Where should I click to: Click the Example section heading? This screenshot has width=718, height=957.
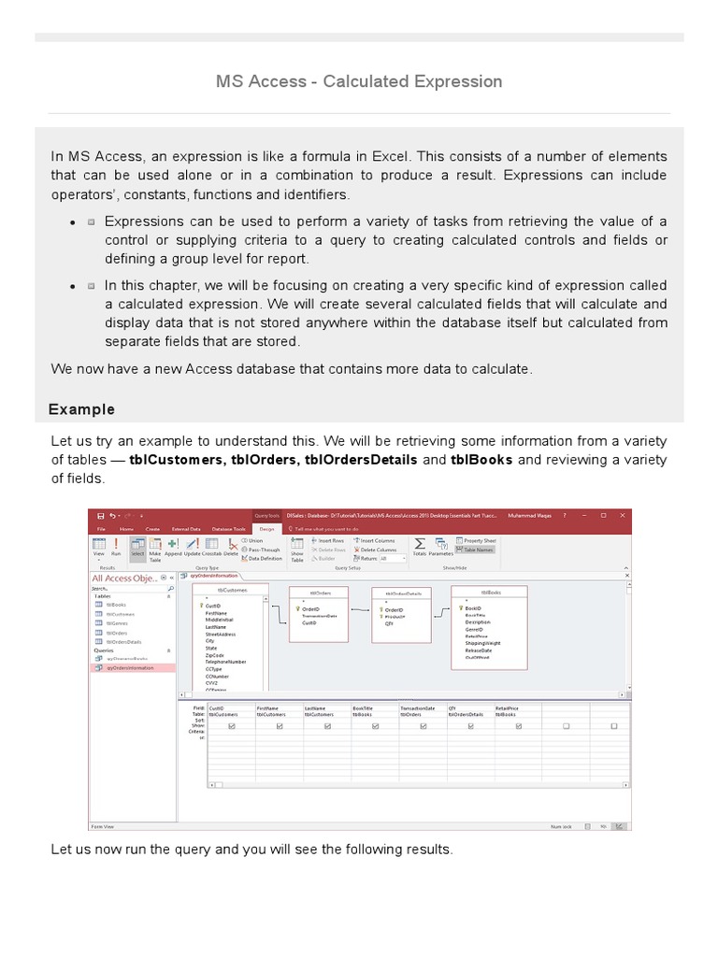82,409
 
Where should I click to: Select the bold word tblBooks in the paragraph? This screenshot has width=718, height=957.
481,460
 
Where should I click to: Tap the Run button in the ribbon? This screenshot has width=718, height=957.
116,548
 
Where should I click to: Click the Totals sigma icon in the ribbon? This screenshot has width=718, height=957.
420,544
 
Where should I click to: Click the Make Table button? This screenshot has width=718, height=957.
155,549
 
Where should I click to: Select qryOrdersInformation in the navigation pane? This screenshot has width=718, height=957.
131,667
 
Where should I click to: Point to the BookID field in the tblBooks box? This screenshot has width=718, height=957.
473,607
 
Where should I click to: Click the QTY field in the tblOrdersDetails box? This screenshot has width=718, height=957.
390,623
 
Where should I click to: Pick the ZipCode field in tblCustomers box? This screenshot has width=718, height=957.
214,655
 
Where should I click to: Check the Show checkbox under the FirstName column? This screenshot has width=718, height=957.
280,725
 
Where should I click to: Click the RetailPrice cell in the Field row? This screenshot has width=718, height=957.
508,708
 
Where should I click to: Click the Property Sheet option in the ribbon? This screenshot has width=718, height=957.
479,541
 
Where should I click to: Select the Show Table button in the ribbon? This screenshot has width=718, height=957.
297,549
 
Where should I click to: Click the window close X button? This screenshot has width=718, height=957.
624,515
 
